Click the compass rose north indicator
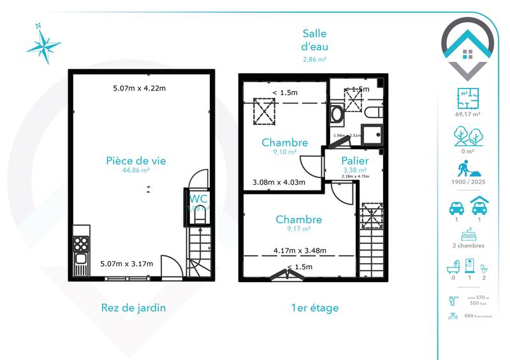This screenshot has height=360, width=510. coord(39,27)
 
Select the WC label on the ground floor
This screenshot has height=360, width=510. coord(198,198)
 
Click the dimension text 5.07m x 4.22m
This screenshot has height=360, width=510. coord(139,89)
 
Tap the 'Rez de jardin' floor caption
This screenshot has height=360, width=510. coord(133,308)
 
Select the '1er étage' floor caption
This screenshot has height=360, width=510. coord(314,308)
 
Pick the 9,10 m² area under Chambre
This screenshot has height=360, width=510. coord(284,152)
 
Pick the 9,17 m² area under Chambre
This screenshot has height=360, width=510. coord(298,229)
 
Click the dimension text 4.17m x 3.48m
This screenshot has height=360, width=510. coord(300,250)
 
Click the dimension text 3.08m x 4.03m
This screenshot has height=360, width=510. coord(279,183)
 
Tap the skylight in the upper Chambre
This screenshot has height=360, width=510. coord(262,112)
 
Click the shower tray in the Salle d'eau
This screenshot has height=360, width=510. coord(370,135)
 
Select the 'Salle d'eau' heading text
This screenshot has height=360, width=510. coord(314,40)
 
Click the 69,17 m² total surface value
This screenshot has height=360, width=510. coord(468,115)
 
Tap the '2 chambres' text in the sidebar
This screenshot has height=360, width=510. coord(468,245)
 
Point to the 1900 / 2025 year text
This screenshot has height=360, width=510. coord(468,181)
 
